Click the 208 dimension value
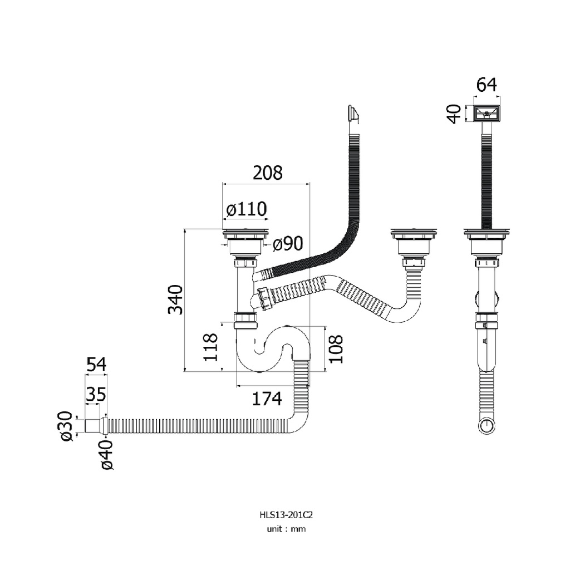(268, 173)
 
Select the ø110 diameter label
(247, 209)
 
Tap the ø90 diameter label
(288, 244)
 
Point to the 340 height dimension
(175, 300)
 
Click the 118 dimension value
(210, 347)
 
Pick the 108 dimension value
(336, 349)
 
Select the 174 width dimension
(267, 399)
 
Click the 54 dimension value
(96, 365)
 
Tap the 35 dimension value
(96, 394)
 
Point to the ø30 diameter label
(67, 426)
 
